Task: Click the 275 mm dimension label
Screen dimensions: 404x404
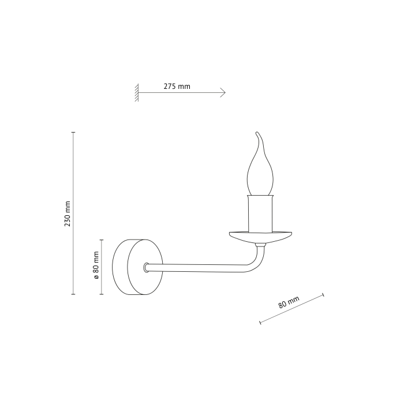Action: coord(177,87)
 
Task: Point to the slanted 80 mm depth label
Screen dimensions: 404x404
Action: coord(289,304)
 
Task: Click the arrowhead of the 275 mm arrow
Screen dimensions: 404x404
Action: coord(223,92)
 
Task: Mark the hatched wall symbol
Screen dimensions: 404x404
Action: coord(137,92)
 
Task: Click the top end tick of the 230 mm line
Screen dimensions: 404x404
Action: coord(73,133)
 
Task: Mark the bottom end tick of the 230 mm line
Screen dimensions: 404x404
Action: coord(73,294)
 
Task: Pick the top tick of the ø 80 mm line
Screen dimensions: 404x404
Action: coord(101,239)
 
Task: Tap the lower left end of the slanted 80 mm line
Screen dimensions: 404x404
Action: coord(260,322)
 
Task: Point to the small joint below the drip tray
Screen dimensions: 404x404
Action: coord(260,245)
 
